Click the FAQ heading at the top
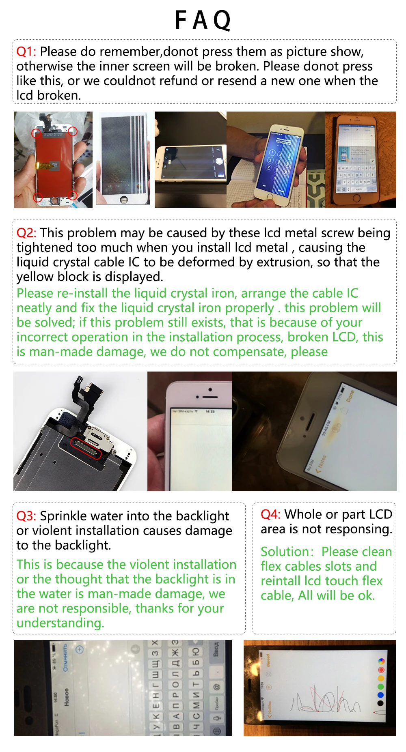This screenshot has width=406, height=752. (x=203, y=20)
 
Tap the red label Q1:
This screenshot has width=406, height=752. (x=26, y=52)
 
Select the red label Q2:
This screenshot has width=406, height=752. (x=26, y=233)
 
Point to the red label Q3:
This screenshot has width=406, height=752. (x=26, y=516)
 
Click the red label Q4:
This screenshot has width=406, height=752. (x=270, y=515)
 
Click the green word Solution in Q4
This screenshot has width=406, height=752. (x=285, y=552)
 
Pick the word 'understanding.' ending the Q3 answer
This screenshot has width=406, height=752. (x=60, y=623)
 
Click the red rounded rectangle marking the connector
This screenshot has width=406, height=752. (x=86, y=448)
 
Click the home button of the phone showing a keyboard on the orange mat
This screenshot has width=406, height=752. (x=356, y=198)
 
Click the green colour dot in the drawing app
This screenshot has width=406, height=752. (x=380, y=687)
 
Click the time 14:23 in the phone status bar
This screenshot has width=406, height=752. (x=210, y=411)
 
